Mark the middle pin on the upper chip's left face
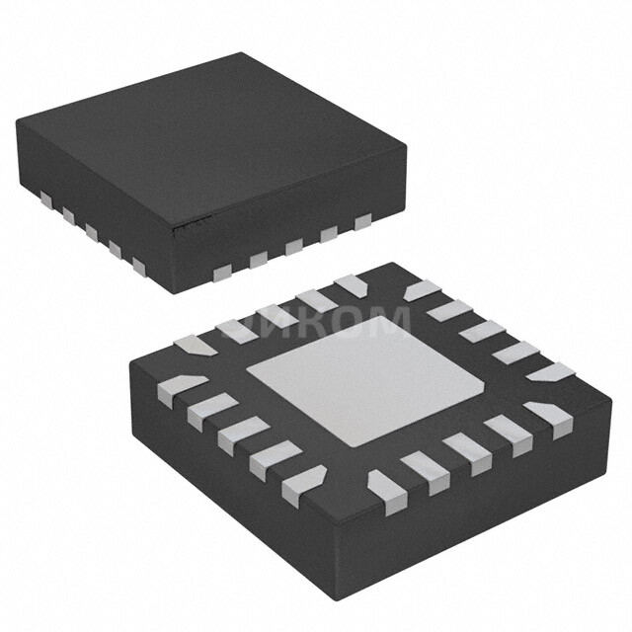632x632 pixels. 92,232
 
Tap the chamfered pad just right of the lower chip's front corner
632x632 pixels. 384,483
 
